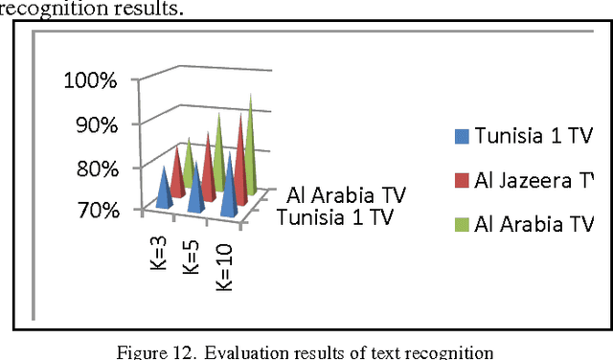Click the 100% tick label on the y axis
(x=90, y=79)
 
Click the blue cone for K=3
(x=165, y=189)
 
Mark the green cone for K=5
(x=219, y=153)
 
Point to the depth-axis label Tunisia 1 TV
(x=334, y=217)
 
